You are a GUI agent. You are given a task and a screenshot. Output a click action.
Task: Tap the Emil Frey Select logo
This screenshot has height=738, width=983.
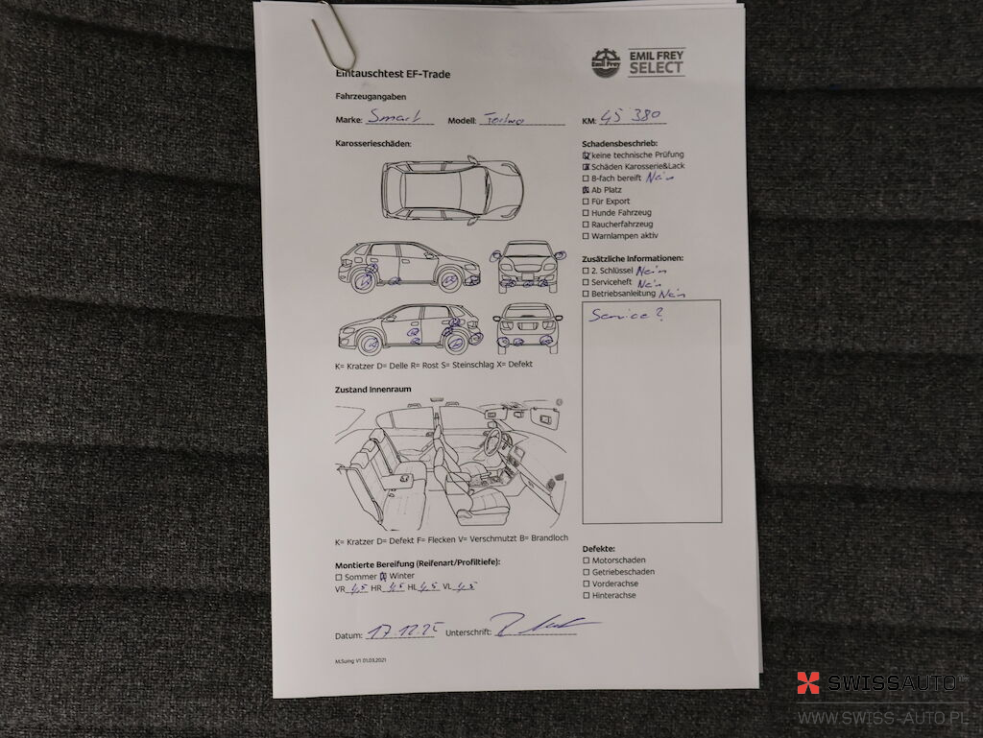tap(637, 62)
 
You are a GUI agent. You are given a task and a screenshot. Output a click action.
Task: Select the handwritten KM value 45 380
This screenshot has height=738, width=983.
tap(633, 117)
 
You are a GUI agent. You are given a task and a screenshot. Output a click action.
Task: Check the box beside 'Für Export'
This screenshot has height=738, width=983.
tap(586, 202)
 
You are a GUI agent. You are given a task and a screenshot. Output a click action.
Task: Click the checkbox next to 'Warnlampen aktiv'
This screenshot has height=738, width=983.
tap(586, 236)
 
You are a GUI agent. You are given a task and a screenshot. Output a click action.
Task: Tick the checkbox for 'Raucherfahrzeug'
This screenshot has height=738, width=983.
tap(586, 225)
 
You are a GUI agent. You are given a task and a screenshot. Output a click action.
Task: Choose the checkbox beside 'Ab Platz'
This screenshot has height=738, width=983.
tap(586, 190)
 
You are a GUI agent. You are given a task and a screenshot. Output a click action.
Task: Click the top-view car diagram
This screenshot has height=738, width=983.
tap(451, 188)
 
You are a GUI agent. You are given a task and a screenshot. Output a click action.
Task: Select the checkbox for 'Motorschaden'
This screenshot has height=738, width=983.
tap(586, 559)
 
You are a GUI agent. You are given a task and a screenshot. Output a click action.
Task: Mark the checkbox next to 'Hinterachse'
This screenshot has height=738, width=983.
tap(586, 595)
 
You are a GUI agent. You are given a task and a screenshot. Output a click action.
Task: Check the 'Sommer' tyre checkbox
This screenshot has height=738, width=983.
tap(338, 577)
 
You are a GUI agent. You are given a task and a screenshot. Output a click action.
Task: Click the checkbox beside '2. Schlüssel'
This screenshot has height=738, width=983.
tap(586, 271)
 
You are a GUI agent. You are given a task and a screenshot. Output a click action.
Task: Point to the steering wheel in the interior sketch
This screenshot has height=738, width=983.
tap(495, 441)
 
